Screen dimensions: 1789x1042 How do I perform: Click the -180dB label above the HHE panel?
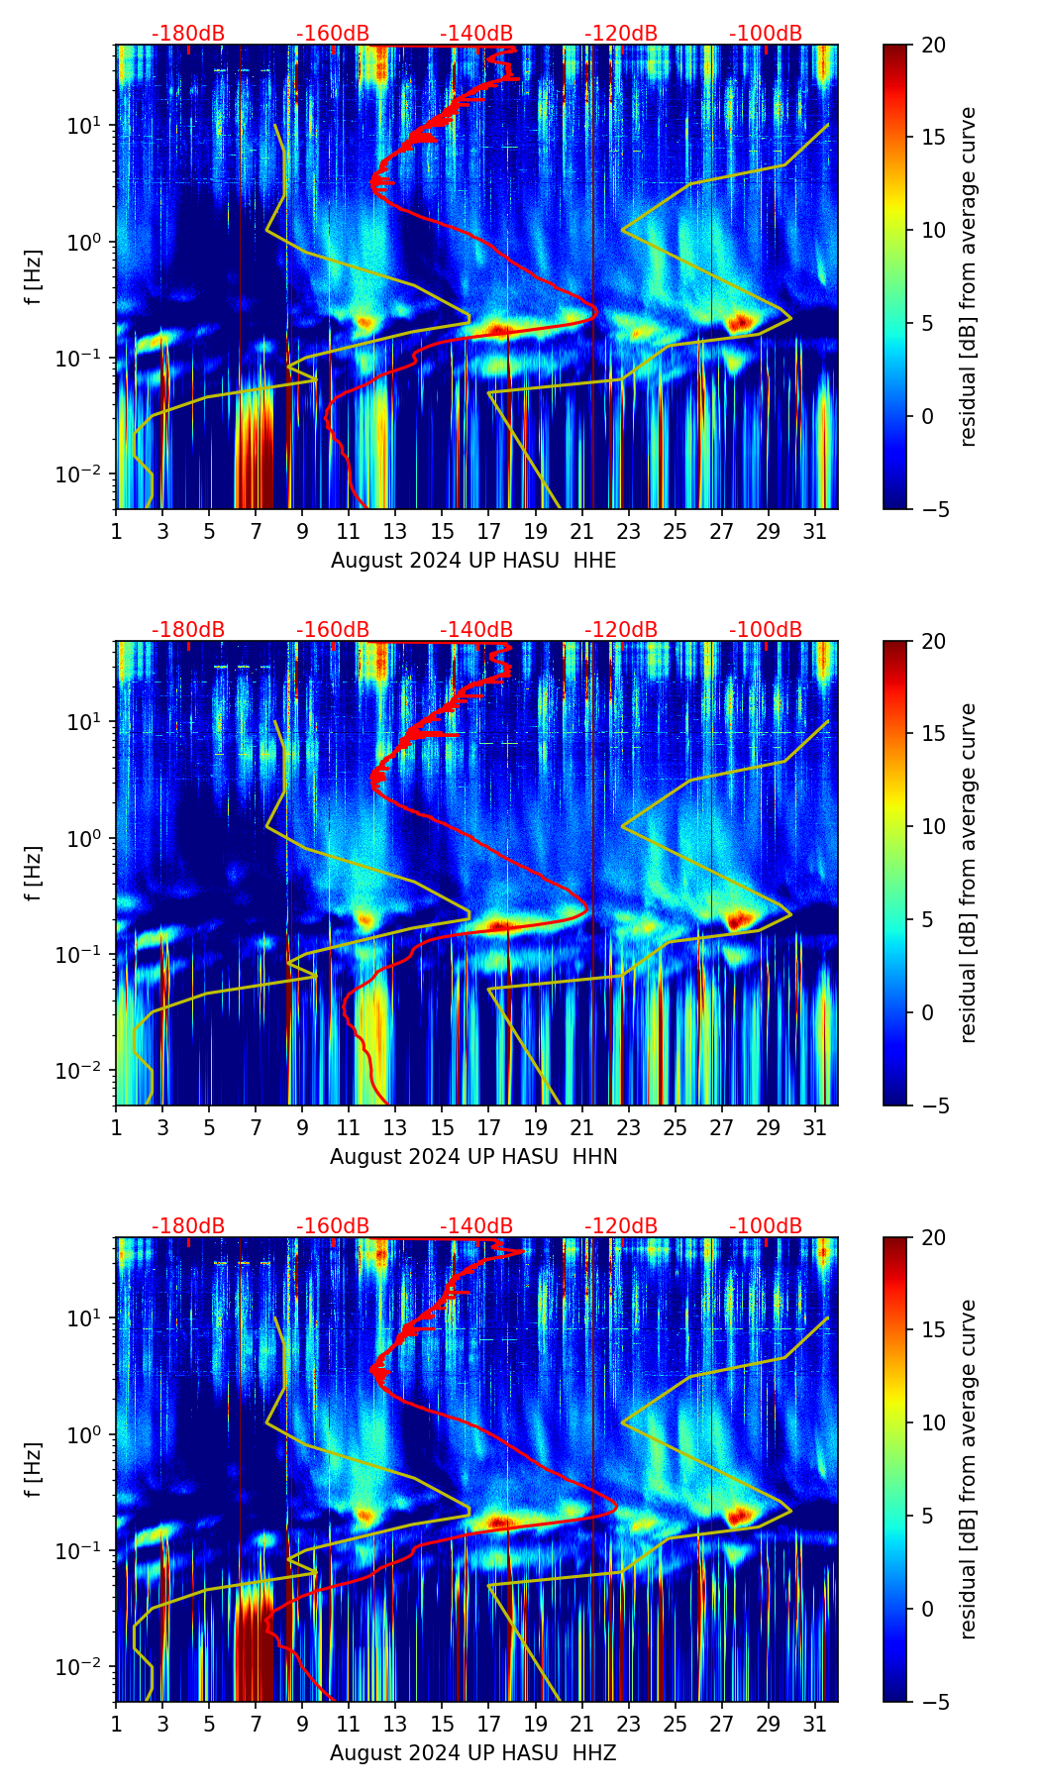pyautogui.click(x=188, y=34)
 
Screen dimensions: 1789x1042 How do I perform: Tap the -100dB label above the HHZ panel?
pyautogui.click(x=766, y=1226)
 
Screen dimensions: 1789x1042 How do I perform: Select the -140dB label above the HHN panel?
pyautogui.click(x=476, y=630)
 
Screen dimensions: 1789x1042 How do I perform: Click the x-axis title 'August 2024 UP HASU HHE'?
pyautogui.click(x=473, y=561)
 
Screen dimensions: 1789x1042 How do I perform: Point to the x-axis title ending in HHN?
pyautogui.click(x=473, y=1157)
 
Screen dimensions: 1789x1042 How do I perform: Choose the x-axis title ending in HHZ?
pyautogui.click(x=473, y=1753)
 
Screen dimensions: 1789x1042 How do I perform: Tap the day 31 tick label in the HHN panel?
pyautogui.click(x=815, y=1128)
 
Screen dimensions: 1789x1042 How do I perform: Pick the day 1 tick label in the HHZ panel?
pyautogui.click(x=116, y=1725)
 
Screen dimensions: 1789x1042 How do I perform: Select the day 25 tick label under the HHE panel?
pyautogui.click(x=676, y=532)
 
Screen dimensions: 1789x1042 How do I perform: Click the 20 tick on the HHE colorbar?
pyautogui.click(x=934, y=45)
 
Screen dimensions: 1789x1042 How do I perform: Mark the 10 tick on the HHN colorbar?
pyautogui.click(x=934, y=826)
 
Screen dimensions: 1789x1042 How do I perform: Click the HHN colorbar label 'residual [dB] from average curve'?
pyautogui.click(x=969, y=873)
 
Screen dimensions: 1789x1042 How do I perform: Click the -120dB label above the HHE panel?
pyautogui.click(x=621, y=34)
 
